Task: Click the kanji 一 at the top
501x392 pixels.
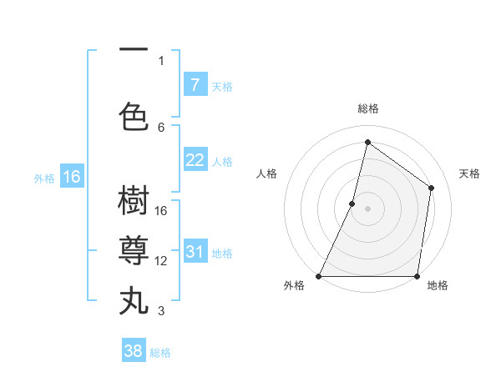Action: click(134, 48)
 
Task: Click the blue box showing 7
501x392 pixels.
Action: click(195, 85)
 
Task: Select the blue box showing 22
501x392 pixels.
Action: click(195, 161)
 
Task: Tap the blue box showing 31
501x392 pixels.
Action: click(195, 253)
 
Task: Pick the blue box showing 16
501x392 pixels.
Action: click(72, 177)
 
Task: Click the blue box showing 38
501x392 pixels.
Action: click(134, 351)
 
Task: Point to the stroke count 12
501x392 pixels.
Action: click(162, 261)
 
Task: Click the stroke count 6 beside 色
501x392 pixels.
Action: click(162, 127)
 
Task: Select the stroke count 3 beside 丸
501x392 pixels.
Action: click(162, 311)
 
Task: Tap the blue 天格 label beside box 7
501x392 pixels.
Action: click(222, 86)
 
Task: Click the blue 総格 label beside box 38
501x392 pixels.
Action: click(160, 352)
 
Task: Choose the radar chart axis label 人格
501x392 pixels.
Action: click(266, 173)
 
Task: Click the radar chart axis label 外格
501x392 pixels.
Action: click(294, 285)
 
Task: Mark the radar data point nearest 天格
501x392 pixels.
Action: click(432, 188)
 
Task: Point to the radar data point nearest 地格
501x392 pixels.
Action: click(417, 276)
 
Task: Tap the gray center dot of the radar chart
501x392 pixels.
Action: click(367, 209)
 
